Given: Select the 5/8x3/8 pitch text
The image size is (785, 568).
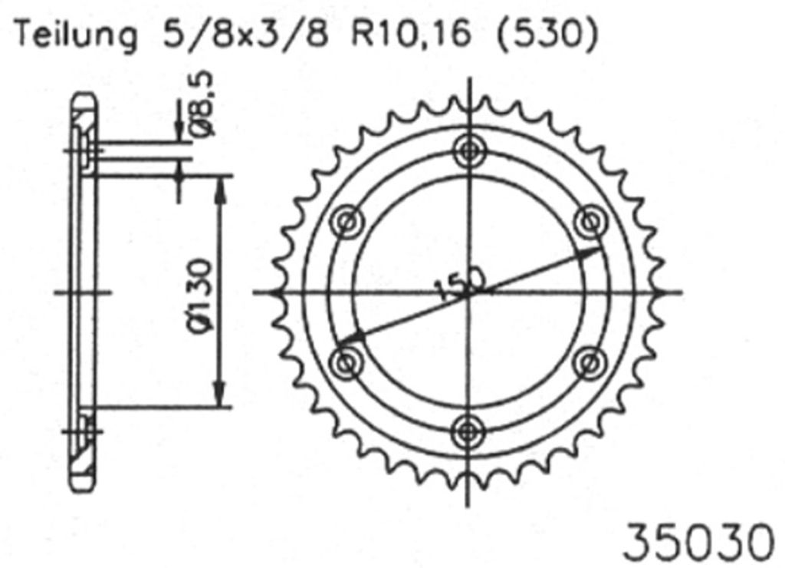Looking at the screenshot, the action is (246, 34).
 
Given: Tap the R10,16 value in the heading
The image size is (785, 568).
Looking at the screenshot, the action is (412, 34).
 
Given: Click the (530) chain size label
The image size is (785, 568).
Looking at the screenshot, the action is (547, 35).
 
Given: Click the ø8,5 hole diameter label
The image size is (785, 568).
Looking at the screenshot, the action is (202, 104).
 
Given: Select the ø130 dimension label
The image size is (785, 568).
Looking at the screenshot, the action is (202, 294).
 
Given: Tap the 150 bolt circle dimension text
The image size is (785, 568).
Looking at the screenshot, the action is (460, 284).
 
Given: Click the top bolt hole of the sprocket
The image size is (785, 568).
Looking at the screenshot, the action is (468, 150).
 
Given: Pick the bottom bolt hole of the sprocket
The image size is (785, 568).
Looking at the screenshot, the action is (468, 432).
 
